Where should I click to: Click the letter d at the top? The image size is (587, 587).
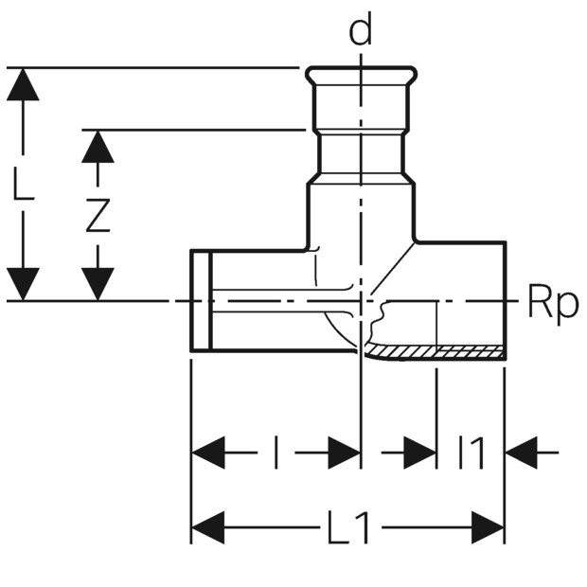[360, 28]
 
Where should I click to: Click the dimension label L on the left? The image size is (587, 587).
[24, 183]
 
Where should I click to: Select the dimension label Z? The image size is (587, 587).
[98, 216]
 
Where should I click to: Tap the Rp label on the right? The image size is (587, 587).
[553, 303]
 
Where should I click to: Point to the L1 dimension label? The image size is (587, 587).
[349, 528]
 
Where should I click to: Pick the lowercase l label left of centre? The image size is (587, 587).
[276, 453]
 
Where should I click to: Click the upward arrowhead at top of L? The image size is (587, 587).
[23, 84]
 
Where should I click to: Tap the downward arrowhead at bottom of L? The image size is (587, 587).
[23, 284]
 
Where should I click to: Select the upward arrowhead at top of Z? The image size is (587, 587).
[98, 147]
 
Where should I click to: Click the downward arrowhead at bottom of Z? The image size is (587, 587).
[98, 284]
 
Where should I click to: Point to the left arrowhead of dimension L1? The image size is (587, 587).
[207, 527]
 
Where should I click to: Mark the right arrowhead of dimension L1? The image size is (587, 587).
[489, 527]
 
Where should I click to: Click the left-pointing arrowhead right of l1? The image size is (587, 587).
[522, 453]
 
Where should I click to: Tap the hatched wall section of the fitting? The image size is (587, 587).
[435, 352]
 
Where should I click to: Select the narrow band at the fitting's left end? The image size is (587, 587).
[202, 301]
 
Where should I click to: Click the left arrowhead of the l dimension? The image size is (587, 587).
[207, 453]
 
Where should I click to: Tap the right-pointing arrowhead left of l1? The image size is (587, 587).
[420, 453]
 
